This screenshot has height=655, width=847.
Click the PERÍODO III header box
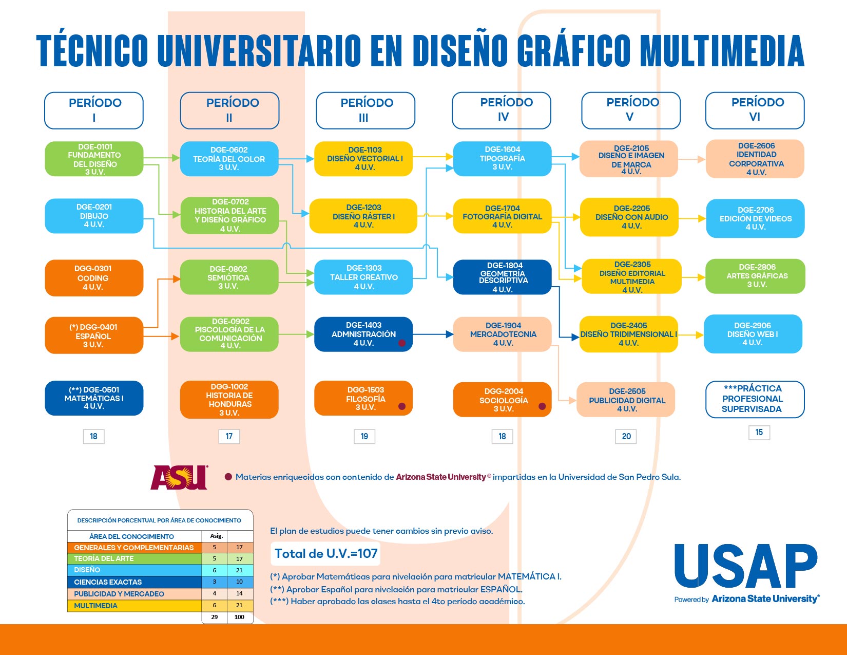[x=365, y=110]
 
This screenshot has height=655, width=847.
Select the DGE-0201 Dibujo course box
[x=94, y=216]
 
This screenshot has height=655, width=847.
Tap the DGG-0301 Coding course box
[x=94, y=278]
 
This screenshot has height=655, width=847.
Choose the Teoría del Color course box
[x=229, y=159]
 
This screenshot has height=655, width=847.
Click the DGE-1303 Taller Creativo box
[x=363, y=277]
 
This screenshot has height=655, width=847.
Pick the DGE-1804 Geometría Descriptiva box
[x=502, y=277]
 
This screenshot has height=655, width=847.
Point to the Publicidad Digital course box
[x=626, y=400]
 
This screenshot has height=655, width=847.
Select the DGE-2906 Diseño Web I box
[x=753, y=334]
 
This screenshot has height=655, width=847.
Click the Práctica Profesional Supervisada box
[x=755, y=399]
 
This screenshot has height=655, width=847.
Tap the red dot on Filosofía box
[x=402, y=406]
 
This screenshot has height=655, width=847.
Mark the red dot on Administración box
[x=402, y=343]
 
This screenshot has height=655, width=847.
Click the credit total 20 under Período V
[x=626, y=436]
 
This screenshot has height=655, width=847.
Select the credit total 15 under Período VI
[x=759, y=432]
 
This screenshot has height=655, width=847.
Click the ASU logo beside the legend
[x=180, y=477]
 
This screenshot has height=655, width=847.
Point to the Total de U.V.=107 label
[x=326, y=553]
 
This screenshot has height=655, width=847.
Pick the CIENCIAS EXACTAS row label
[x=108, y=582]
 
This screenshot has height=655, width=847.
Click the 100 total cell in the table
[x=239, y=617]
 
